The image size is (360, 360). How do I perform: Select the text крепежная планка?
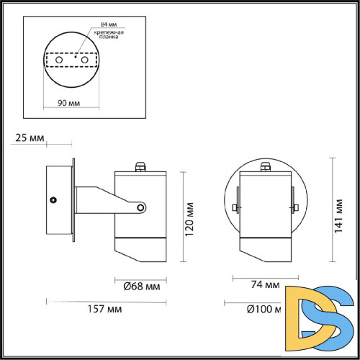[104, 36]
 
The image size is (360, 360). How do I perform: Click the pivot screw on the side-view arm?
[140, 209]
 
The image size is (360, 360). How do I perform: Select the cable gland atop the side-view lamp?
[140, 167]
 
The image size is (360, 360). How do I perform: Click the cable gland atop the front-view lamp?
[265, 167]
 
